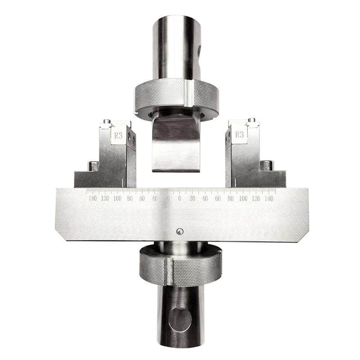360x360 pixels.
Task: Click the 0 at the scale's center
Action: pyautogui.click(x=180, y=198)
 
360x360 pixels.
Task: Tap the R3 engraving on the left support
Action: pyautogui.click(x=118, y=136)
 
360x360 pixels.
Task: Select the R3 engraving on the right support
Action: pyautogui.click(x=239, y=135)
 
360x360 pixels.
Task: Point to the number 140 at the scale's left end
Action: pyautogui.click(x=93, y=198)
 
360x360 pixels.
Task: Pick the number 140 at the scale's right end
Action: pyautogui.click(x=269, y=198)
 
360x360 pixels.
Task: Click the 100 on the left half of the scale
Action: pyautogui.click(x=117, y=198)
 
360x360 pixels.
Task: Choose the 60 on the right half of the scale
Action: pyautogui.click(x=218, y=198)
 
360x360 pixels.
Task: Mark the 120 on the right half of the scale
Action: pyautogui.click(x=256, y=198)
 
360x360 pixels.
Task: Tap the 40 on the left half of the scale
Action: pyautogui.click(x=155, y=198)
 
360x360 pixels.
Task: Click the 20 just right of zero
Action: pyautogui.click(x=193, y=198)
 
